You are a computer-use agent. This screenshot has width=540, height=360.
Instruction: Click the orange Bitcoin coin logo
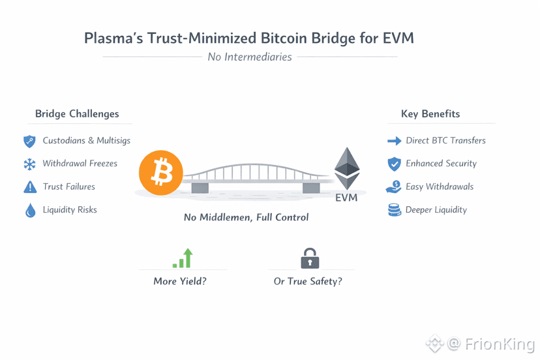pos(161,173)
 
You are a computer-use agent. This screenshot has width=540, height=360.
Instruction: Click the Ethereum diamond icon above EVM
pos(347,168)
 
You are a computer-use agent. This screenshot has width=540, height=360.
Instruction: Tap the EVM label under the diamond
pos(346,198)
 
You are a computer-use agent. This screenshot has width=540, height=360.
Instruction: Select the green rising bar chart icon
pos(183,258)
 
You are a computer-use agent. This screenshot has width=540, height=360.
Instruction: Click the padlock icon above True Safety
pos(310,258)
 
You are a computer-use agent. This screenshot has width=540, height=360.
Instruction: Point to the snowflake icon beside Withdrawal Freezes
pos(29,164)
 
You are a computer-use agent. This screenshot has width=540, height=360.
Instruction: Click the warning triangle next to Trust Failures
pos(30,187)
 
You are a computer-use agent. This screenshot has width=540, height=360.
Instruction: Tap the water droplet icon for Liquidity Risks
pos(30,211)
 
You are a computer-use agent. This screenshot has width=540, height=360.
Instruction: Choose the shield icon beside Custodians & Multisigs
pos(29,142)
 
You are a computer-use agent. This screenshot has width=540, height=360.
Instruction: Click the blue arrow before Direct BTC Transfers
pos(395,141)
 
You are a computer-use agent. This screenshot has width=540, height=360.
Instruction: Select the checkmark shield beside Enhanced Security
pos(395,164)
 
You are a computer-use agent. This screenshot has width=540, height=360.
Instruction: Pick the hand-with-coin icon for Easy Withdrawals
pos(394,187)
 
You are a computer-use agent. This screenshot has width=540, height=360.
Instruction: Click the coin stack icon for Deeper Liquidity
pos(395,210)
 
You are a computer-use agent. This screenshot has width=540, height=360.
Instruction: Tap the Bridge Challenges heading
pos(77,113)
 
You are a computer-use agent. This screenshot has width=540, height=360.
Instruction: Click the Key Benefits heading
pos(430,113)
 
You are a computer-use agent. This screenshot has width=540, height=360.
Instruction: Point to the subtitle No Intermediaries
pos(250,57)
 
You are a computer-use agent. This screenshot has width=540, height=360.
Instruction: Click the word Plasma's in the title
pos(113,38)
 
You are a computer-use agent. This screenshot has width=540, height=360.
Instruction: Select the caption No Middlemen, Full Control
pos(247,217)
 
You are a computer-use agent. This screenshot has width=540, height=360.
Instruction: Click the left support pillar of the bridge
pos(200,188)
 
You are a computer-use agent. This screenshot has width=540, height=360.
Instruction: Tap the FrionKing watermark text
pos(500,344)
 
